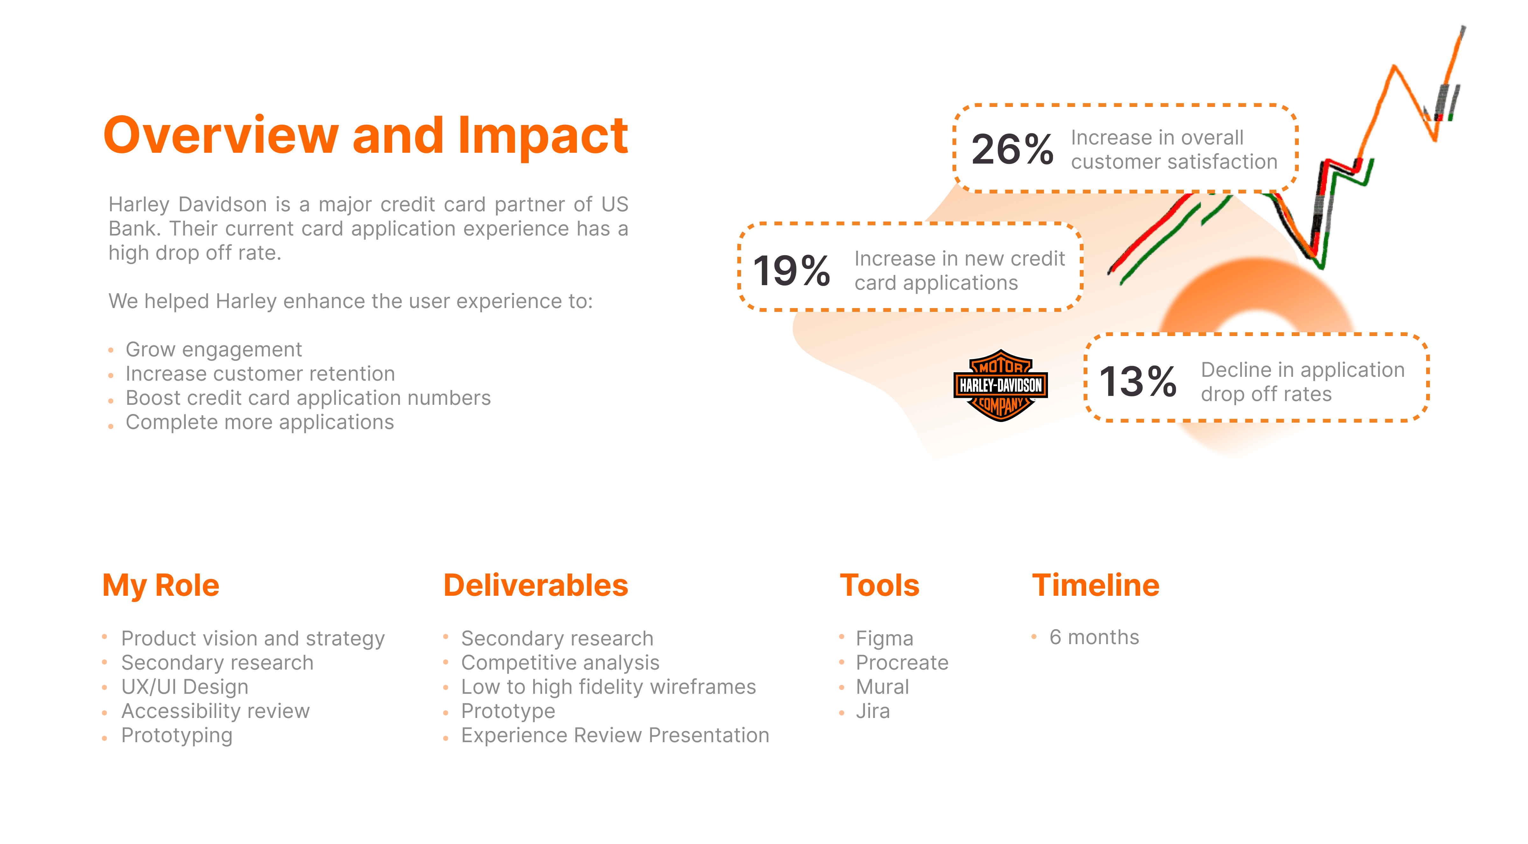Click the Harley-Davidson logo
[x=1000, y=385]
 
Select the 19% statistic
[x=791, y=271]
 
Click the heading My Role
[x=161, y=585]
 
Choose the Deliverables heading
[x=536, y=585]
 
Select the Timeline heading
[x=1096, y=585]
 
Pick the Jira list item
[x=873, y=711]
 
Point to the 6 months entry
[x=1094, y=637]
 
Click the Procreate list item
[x=902, y=663]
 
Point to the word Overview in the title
[x=221, y=136]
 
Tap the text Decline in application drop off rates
[x=1303, y=382]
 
